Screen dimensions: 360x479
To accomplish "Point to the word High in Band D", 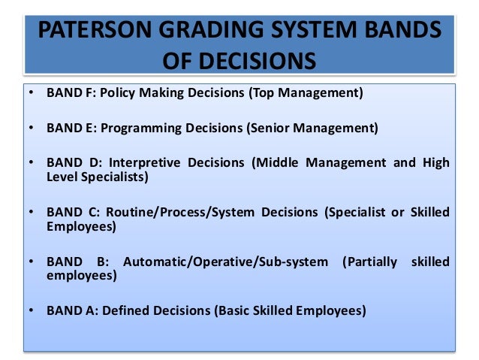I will coord(435,163).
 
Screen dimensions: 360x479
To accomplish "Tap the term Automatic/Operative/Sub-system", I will coord(225,262).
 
